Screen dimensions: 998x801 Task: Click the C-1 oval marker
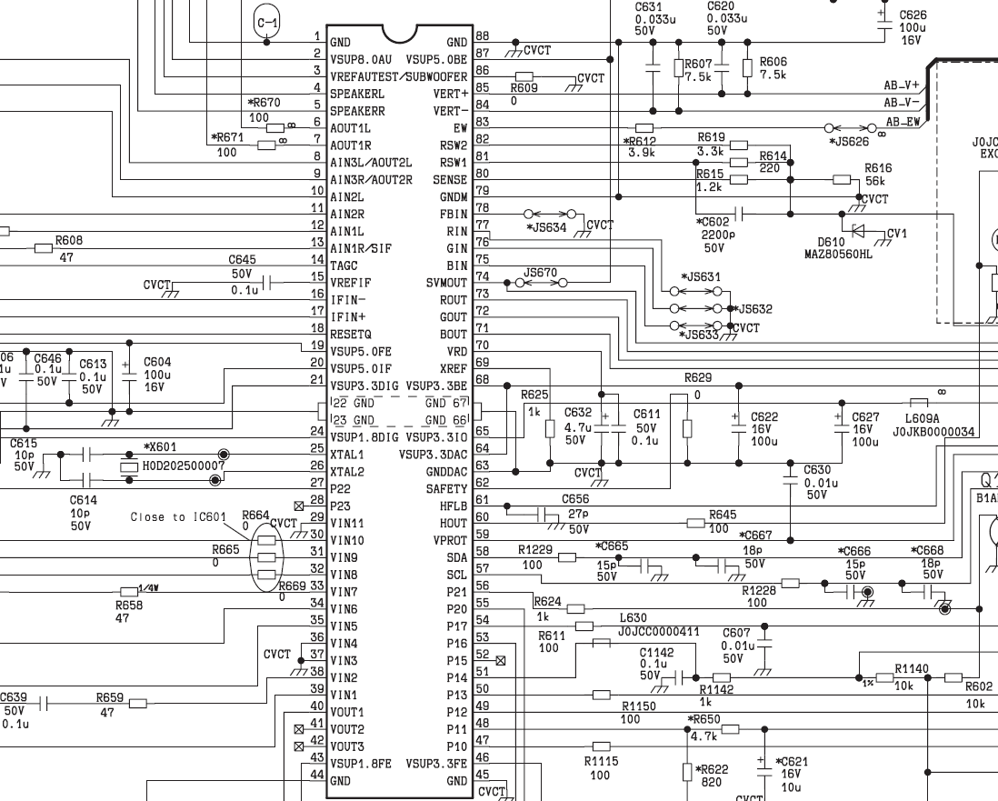(x=266, y=23)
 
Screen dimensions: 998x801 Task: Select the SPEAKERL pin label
(x=357, y=94)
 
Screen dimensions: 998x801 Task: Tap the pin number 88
(x=483, y=36)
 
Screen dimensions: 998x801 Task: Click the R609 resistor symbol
(x=524, y=76)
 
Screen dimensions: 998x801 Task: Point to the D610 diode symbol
(x=858, y=229)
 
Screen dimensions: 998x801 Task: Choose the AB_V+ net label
(x=902, y=85)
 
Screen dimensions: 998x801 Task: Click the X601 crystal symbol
(x=129, y=466)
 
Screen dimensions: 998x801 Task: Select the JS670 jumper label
(x=540, y=273)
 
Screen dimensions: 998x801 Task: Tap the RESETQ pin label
(x=351, y=335)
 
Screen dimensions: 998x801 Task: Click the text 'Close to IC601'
(x=178, y=517)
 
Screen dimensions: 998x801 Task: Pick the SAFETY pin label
(x=446, y=489)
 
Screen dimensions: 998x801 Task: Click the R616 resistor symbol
(x=842, y=180)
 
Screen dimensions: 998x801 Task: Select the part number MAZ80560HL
(x=838, y=254)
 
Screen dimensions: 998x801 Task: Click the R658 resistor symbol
(x=129, y=592)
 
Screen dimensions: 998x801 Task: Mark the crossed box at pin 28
(x=299, y=506)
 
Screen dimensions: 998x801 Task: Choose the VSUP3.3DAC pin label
(x=433, y=455)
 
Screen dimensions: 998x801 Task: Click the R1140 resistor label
(x=912, y=668)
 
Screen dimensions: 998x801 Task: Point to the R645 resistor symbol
(x=695, y=524)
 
